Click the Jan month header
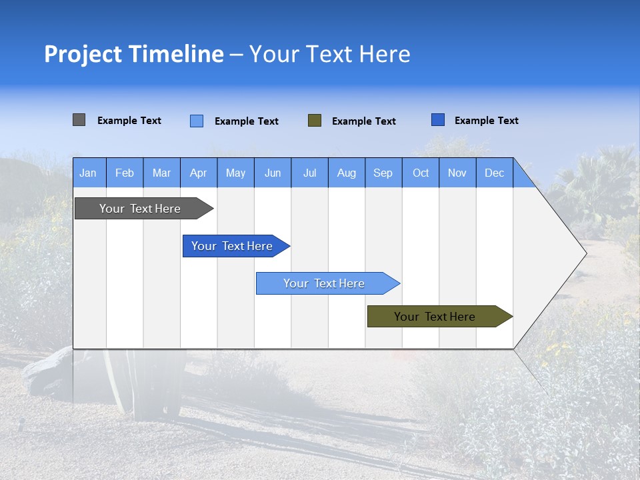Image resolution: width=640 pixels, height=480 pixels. [88, 173]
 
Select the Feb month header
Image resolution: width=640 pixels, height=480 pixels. [125, 173]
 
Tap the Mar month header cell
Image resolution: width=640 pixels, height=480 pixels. [161, 173]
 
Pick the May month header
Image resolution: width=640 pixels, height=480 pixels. [235, 173]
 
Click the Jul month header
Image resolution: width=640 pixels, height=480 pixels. [309, 173]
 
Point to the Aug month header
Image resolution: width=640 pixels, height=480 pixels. [347, 173]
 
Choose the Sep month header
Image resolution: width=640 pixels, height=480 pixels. [383, 173]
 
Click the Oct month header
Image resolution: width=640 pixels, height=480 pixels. [421, 173]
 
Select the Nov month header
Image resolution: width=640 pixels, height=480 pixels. [457, 173]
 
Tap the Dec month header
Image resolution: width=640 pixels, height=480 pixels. [495, 173]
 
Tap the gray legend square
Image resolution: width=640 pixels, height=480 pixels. [79, 120]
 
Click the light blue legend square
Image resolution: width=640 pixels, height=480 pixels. [197, 121]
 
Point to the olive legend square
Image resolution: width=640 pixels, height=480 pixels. [315, 121]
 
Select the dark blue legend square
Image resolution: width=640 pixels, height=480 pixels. [438, 120]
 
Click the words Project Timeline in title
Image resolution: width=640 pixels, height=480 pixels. [134, 54]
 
